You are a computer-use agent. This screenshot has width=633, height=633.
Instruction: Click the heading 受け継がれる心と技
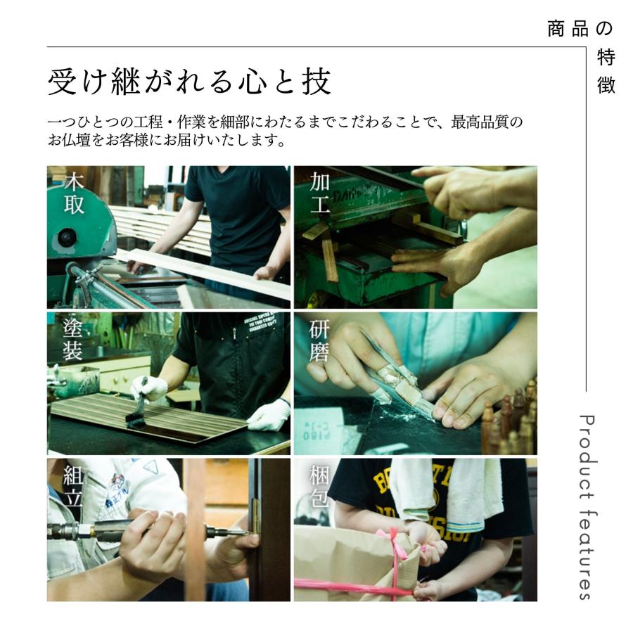(x=189, y=82)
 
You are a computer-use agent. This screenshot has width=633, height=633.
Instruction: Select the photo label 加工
(x=320, y=193)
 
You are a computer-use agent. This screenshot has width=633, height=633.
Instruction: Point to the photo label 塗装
(x=73, y=340)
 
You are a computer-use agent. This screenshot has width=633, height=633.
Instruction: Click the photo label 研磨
(x=319, y=340)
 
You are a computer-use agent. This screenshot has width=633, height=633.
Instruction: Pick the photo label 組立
(x=73, y=487)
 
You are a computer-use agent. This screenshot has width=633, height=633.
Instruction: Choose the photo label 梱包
(x=319, y=487)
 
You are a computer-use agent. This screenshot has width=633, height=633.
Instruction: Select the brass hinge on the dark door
(x=255, y=517)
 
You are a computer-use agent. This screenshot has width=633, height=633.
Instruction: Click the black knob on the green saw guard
(x=67, y=237)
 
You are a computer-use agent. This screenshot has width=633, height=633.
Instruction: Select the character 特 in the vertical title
(x=606, y=58)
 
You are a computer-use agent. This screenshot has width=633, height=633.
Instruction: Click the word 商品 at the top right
(x=568, y=29)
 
